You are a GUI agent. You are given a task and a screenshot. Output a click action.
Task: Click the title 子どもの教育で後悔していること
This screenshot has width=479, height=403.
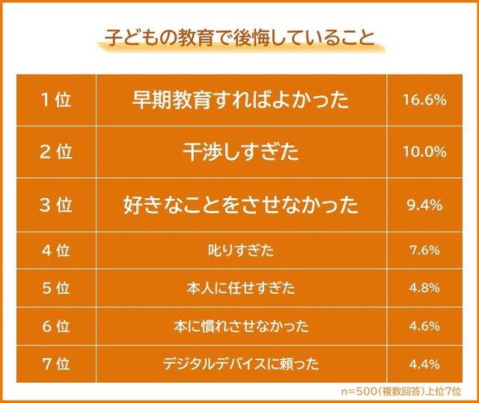pos(239,38)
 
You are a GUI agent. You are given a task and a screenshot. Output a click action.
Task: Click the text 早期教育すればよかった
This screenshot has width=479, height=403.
pos(240,99)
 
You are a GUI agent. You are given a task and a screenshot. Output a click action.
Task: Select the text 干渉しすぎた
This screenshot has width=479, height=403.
pos(240,152)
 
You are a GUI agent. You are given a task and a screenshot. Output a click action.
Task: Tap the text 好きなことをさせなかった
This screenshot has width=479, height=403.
pos(240,205)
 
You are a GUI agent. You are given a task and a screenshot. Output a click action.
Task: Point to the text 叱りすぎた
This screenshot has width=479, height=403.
pos(240,251)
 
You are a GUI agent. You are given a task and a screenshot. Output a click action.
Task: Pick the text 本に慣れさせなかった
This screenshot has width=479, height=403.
pos(240,327)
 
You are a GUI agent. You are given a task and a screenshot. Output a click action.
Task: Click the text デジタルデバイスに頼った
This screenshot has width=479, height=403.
pos(240,365)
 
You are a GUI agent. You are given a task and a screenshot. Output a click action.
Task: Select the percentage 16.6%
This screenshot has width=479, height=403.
pos(424,99)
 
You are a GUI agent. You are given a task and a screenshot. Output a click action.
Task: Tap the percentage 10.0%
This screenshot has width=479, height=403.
pos(424,152)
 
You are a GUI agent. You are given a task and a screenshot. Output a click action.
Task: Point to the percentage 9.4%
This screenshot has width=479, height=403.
pos(424,205)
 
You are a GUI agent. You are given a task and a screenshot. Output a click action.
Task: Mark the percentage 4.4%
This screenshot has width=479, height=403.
pos(424,365)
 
